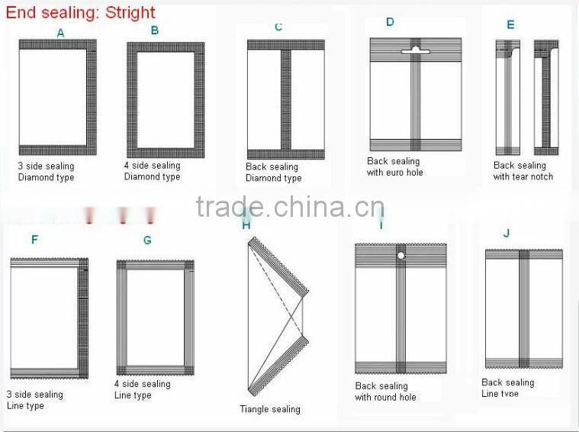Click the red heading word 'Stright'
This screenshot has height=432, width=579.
pyautogui.click(x=123, y=13)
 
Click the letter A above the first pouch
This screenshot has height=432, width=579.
pyautogui.click(x=61, y=33)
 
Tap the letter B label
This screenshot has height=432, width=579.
pyautogui.click(x=155, y=31)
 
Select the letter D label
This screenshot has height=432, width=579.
pyautogui.click(x=390, y=22)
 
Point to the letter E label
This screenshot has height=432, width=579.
pyautogui.click(x=510, y=24)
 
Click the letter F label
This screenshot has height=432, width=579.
pyautogui.click(x=34, y=240)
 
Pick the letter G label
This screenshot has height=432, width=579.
pyautogui.click(x=147, y=240)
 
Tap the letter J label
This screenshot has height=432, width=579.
pyautogui.click(x=507, y=233)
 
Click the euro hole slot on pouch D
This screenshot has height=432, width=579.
pyautogui.click(x=416, y=50)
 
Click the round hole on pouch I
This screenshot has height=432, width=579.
pyautogui.click(x=400, y=256)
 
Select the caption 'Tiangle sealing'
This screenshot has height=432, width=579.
pyautogui.click(x=270, y=409)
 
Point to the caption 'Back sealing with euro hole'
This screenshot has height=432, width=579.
pyautogui.click(x=394, y=167)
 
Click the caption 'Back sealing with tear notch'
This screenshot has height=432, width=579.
pyautogui.click(x=523, y=171)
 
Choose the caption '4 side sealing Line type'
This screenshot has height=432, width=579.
pyautogui.click(x=142, y=389)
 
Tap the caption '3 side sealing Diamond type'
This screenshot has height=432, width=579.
pyautogui.click(x=46, y=172)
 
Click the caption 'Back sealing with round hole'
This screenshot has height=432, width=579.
pyautogui.click(x=385, y=392)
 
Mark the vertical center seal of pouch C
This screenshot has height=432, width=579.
pyautogui.click(x=286, y=99)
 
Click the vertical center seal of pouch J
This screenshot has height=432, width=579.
pyautogui.click(x=524, y=309)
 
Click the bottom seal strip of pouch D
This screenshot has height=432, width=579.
pyautogui.click(x=416, y=144)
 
